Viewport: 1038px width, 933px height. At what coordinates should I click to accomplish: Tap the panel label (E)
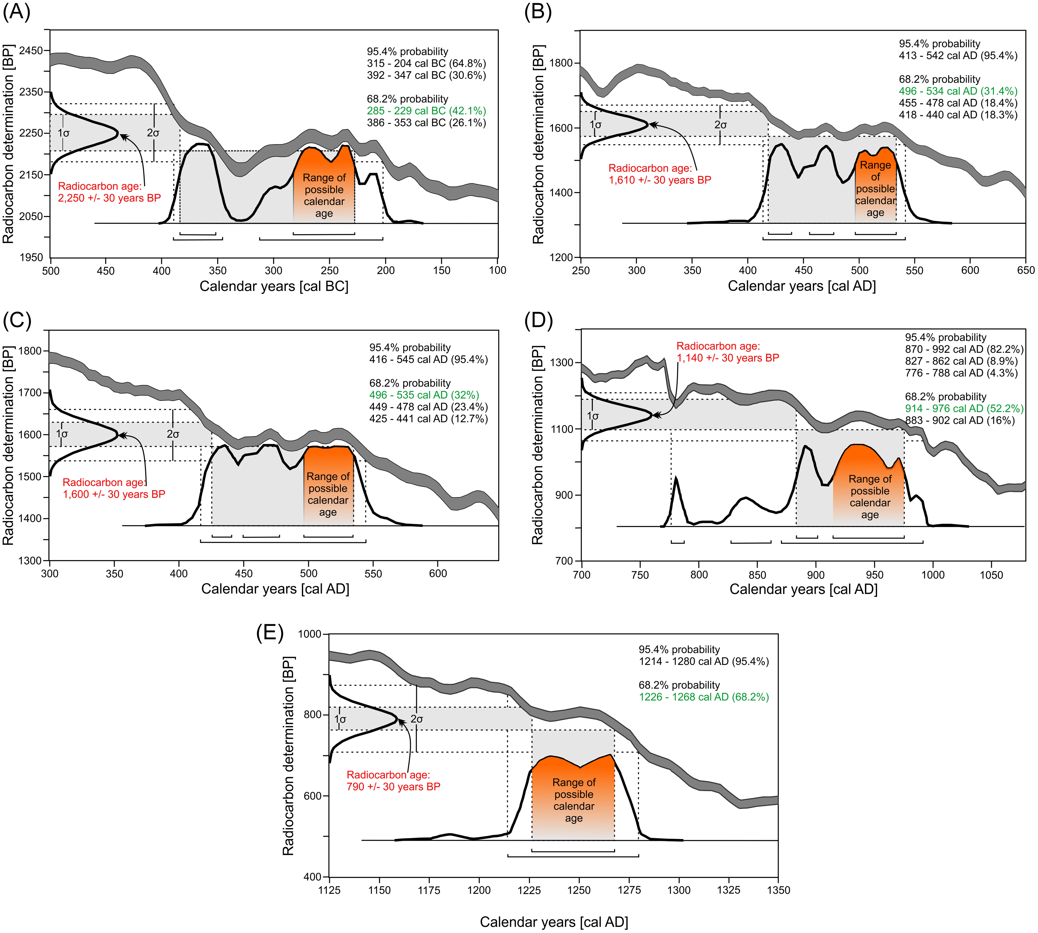(270, 633)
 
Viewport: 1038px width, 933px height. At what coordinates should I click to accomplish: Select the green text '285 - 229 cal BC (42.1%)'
(426, 111)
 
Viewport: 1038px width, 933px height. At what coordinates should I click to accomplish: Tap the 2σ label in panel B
(720, 125)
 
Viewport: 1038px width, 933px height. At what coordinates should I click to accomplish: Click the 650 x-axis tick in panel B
(1026, 270)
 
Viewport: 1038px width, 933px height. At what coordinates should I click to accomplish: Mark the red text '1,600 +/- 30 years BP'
(114, 495)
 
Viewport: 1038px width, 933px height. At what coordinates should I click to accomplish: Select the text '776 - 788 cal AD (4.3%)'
(961, 373)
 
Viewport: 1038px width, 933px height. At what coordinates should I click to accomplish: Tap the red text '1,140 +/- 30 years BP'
(728, 358)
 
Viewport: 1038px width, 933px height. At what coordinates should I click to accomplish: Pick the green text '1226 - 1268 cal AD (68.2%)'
(703, 697)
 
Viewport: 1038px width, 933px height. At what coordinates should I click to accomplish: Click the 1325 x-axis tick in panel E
(729, 890)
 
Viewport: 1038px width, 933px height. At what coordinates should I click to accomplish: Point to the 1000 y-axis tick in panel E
(309, 634)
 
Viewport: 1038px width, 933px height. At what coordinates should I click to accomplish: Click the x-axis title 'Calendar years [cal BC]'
(274, 286)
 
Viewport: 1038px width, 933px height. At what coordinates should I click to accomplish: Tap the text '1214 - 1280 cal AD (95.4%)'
(703, 661)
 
